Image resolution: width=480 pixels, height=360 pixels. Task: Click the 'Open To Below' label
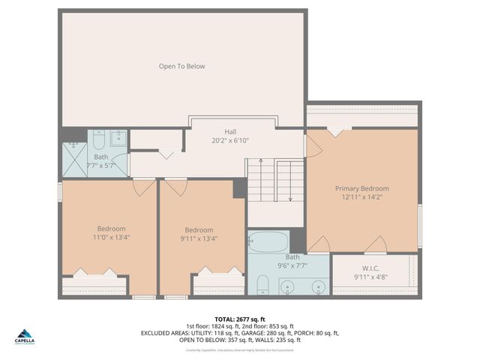[181, 66]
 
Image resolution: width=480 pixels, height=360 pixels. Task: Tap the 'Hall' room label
[220, 129]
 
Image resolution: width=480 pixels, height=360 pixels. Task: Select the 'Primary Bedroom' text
[361, 188]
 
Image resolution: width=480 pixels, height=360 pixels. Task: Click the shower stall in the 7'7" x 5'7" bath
[74, 160]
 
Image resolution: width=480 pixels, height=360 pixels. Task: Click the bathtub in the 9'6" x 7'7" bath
[268, 242]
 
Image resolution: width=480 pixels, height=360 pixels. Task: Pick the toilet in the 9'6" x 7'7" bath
[262, 286]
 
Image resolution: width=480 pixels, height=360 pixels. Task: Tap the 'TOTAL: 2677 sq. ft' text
[240, 318]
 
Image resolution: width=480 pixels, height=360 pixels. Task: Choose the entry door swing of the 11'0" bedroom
[143, 187]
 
